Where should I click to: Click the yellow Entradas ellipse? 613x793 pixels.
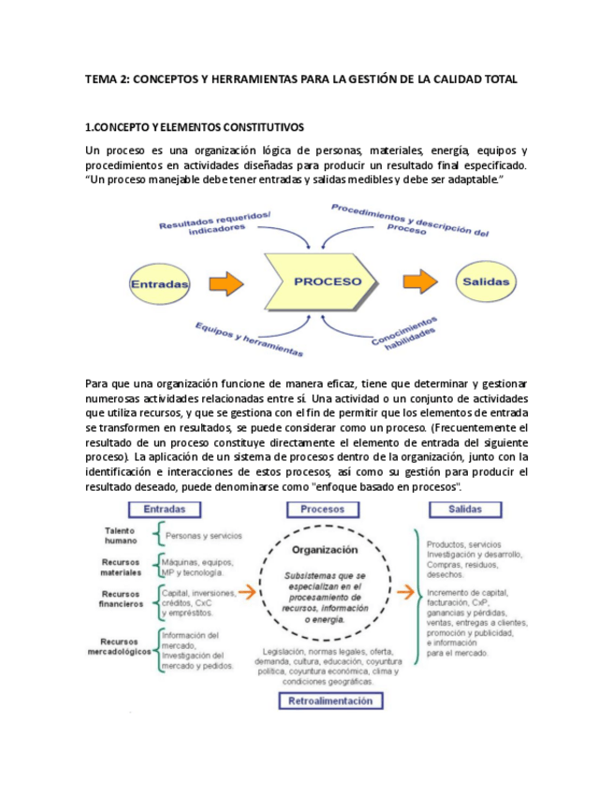pyautogui.click(x=159, y=282)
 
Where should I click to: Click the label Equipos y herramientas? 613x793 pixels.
pyautogui.click(x=249, y=339)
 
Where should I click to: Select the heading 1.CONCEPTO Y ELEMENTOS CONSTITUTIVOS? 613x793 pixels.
pyautogui.click(x=194, y=126)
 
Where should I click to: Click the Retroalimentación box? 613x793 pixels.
pyautogui.click(x=329, y=700)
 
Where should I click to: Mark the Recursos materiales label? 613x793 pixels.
pyautogui.click(x=122, y=567)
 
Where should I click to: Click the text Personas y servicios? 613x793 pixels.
pyautogui.click(x=203, y=536)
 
